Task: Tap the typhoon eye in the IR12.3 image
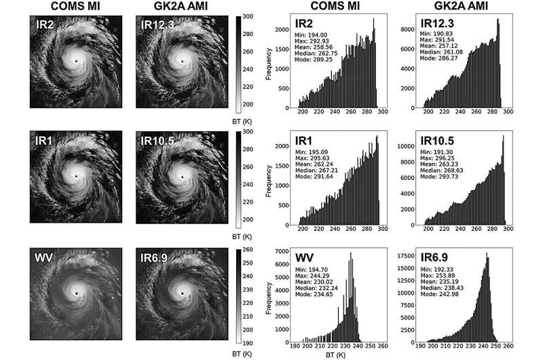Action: (x=182, y=61)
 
